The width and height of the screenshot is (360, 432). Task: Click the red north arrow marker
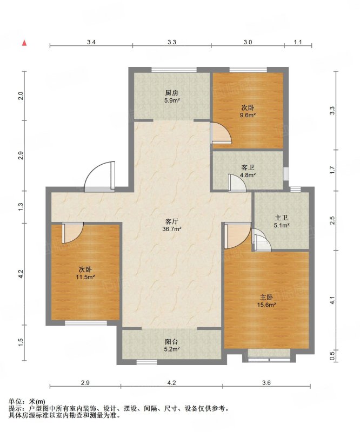coord(24,43)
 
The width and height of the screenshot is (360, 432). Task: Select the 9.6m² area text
coord(248,115)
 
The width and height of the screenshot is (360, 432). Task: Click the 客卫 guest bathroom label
coord(248,167)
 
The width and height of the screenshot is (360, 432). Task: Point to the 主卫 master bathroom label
coord(282,218)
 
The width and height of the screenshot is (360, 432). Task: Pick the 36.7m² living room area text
coord(171,228)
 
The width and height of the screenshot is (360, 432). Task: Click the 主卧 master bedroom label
coord(266,298)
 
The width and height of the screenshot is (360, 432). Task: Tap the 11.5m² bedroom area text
coord(85,277)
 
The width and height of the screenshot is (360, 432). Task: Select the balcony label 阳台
coord(171,342)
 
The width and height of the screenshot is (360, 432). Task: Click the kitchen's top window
coord(174,70)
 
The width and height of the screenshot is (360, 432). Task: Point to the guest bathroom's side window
coord(286,173)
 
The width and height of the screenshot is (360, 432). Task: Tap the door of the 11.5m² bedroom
coord(72,233)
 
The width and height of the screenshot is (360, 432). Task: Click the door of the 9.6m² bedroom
coord(221,133)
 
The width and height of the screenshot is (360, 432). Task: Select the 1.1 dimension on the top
coord(298,42)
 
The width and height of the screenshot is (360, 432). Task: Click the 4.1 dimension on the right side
coord(332,300)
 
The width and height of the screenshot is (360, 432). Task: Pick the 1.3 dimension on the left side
coord(21,207)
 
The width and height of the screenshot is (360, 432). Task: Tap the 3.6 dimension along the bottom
coord(266,382)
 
